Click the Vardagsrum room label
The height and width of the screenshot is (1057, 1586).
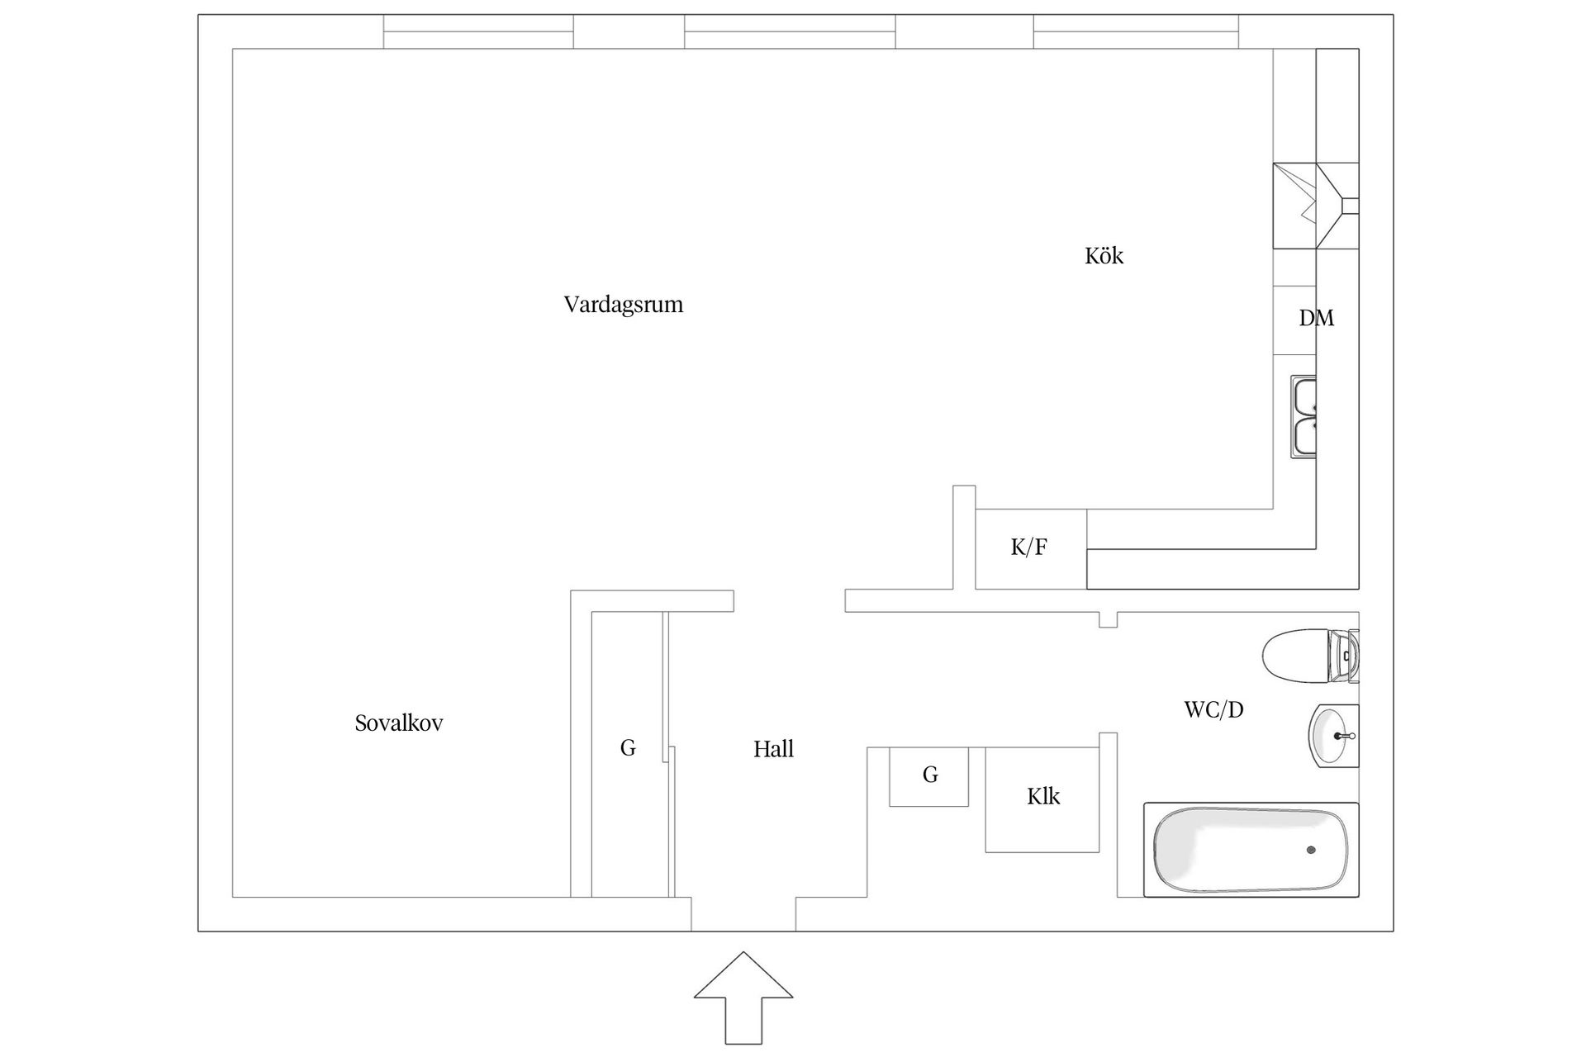click(623, 305)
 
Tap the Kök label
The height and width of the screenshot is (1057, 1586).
click(1104, 256)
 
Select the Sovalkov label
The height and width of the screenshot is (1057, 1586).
click(399, 723)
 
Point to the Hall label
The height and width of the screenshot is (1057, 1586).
click(773, 749)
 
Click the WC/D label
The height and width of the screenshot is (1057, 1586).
click(1213, 709)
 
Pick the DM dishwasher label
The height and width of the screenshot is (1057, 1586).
click(1316, 318)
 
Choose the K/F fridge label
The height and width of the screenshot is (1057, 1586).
click(1029, 547)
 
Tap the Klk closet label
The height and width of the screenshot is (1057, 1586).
click(1043, 796)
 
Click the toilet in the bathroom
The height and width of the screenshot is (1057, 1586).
click(1309, 656)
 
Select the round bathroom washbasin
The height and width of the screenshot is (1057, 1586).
click(1332, 735)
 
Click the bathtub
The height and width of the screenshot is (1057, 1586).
click(1250, 850)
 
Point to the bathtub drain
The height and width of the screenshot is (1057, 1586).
click(1311, 850)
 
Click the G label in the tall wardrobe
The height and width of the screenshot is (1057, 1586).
click(628, 748)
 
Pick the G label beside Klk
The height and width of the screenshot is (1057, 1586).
click(930, 775)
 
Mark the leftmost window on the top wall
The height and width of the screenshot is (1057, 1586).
click(478, 31)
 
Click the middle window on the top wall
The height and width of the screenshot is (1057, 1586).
click(790, 31)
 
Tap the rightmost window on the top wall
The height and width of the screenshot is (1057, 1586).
click(1136, 31)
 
